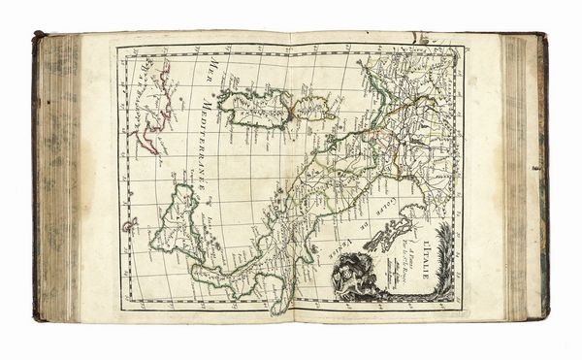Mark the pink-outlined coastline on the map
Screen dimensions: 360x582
[x=157, y=107]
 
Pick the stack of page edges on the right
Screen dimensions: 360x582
[x=519, y=175]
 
